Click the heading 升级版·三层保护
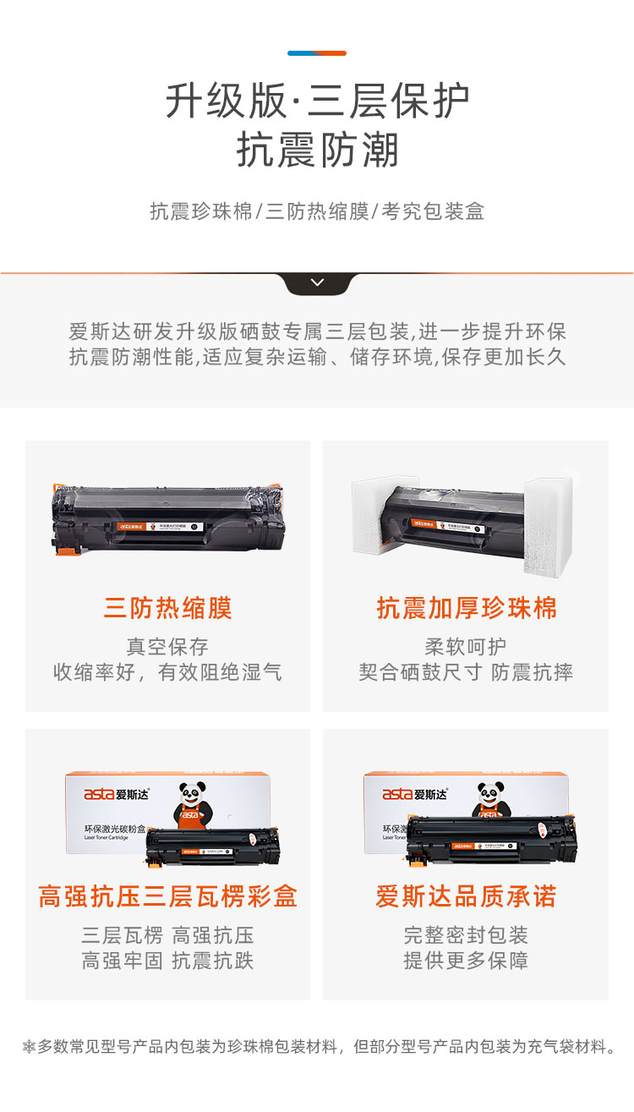[x=317, y=101]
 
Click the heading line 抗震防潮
[x=317, y=151]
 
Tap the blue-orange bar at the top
[x=317, y=53]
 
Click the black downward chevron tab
[x=317, y=282]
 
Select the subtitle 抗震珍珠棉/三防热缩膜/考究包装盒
[x=317, y=211]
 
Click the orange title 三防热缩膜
[x=167, y=608]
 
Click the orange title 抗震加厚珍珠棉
[x=467, y=608]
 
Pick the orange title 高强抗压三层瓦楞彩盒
[x=167, y=896]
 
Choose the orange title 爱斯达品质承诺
[x=467, y=896]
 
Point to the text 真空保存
[x=167, y=647]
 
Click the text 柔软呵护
[x=466, y=647]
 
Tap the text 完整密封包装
[x=466, y=935]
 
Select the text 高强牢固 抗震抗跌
[x=167, y=961]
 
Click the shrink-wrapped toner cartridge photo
[x=167, y=517]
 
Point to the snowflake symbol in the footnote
[x=29, y=1047]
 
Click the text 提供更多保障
[x=466, y=961]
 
